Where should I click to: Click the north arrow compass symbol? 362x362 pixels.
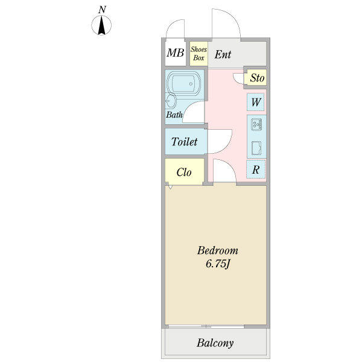click(x=101, y=25)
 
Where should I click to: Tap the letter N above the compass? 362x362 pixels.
click(x=102, y=10)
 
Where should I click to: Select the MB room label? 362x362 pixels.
click(x=176, y=52)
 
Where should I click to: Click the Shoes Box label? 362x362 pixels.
click(x=198, y=53)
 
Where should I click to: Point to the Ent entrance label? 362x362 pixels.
click(x=223, y=54)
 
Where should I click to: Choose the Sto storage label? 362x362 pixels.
click(x=257, y=78)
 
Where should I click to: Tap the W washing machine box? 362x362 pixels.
click(x=256, y=102)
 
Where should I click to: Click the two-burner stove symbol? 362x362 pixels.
click(x=256, y=124)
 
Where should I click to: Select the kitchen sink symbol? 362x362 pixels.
click(x=256, y=148)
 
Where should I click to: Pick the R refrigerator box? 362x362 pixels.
click(x=256, y=170)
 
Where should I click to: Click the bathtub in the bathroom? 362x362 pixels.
click(x=183, y=83)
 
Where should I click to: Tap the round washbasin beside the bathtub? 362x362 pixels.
click(x=171, y=101)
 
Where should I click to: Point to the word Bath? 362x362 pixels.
click(x=174, y=115)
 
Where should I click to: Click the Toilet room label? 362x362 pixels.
click(x=184, y=142)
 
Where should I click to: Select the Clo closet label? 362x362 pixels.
click(x=184, y=172)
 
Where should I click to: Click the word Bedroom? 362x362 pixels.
click(x=217, y=250)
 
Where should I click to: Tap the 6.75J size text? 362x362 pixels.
click(x=218, y=264)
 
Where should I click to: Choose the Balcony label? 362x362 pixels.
click(x=215, y=343)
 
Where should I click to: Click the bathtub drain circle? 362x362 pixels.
click(x=191, y=84)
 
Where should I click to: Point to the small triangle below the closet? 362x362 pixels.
click(x=170, y=187)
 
